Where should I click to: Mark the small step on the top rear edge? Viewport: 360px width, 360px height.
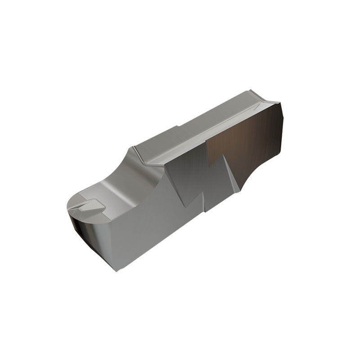(178, 126)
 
